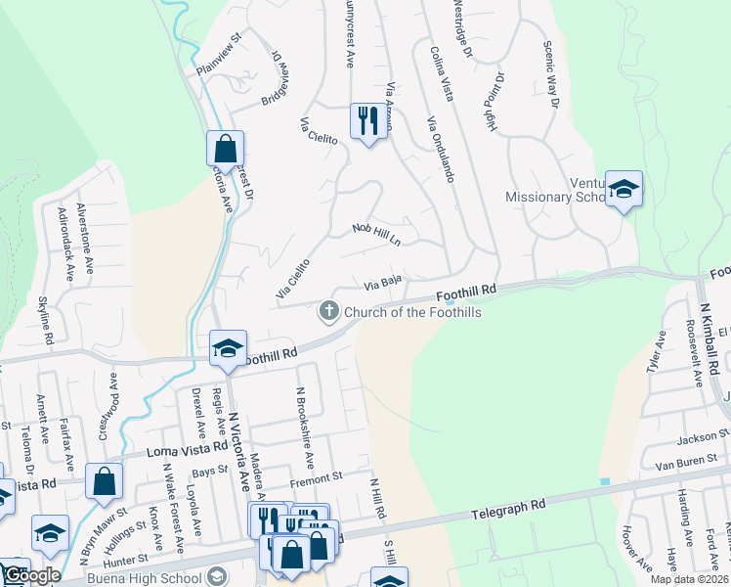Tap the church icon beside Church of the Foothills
tap(329, 312)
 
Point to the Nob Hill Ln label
tap(384, 234)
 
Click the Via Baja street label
tap(384, 285)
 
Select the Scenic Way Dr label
tap(553, 74)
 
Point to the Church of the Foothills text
tap(411, 312)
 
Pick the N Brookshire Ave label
tap(305, 428)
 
